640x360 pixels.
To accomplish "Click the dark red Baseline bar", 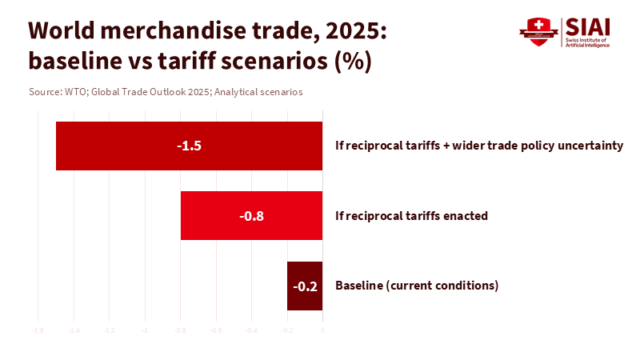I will click(x=305, y=286).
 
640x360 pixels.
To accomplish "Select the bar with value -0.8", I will click(x=251, y=216).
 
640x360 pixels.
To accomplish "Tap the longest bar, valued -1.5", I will click(x=189, y=146).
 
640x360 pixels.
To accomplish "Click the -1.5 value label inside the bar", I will click(x=189, y=146).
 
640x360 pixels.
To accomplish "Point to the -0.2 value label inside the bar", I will click(x=305, y=286).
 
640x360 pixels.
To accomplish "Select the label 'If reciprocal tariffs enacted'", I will click(x=411, y=216).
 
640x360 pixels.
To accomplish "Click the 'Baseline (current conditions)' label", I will click(x=417, y=286).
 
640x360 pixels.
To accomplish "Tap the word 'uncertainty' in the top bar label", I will click(x=590, y=146).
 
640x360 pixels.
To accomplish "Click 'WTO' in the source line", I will click(x=74, y=92).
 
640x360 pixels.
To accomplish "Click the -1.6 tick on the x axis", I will click(x=38, y=330).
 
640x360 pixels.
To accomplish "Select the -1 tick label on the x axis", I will click(x=145, y=330).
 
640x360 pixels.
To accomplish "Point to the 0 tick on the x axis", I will click(x=322, y=330).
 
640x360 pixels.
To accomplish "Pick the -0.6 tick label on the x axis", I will click(x=215, y=330).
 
